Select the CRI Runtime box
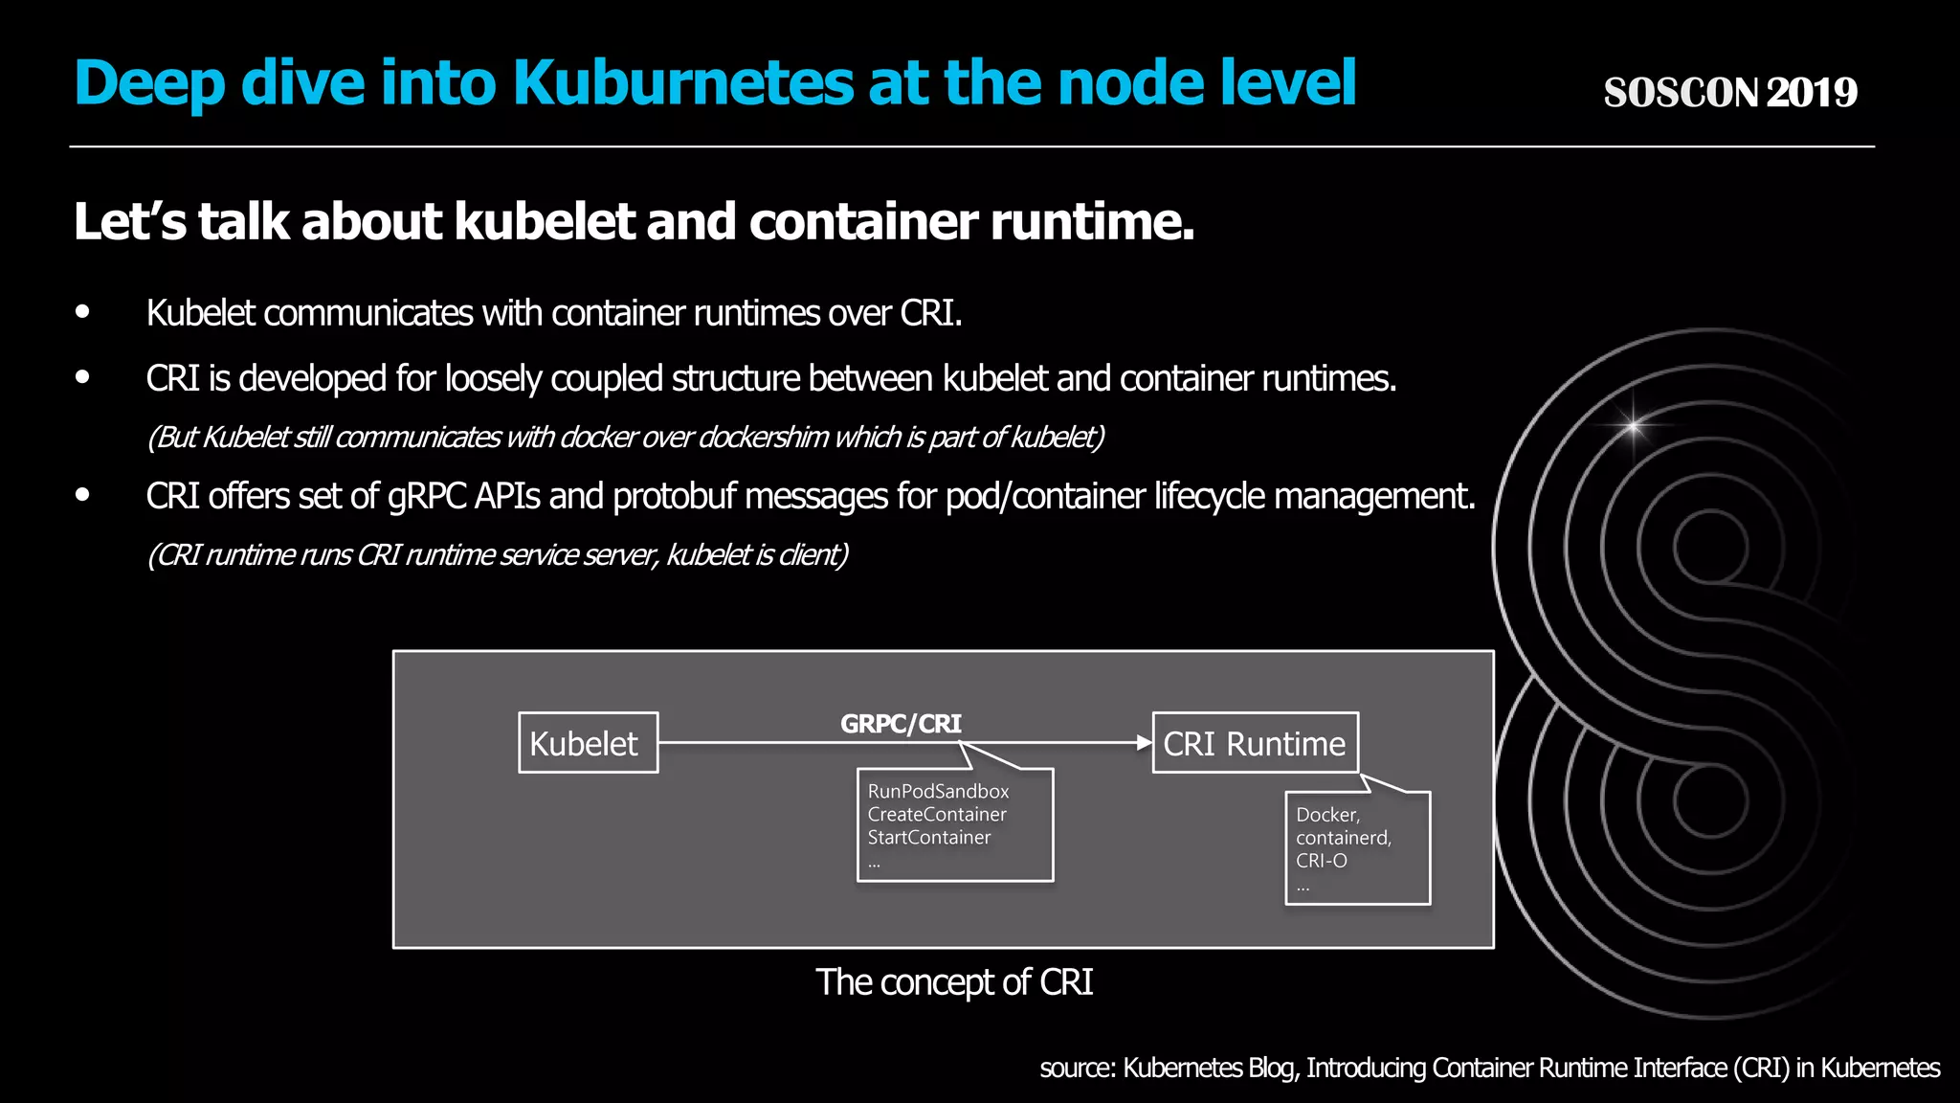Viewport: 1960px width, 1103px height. (1255, 743)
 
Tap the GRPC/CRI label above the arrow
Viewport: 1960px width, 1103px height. (901, 724)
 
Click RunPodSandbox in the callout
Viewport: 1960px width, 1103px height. (938, 792)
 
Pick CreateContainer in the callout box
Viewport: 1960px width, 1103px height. (937, 815)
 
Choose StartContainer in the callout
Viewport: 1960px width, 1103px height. (928, 838)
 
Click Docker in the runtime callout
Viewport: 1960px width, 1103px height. (1327, 815)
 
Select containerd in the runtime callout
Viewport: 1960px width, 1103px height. (1343, 838)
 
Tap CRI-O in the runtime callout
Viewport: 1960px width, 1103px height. (1321, 861)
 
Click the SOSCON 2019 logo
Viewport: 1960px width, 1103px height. (1730, 93)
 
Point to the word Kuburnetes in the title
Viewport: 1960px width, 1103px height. (682, 83)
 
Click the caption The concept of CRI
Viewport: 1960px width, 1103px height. (953, 982)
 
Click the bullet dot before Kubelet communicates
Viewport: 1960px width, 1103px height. (83, 312)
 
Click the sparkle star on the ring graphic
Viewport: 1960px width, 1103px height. (1633, 425)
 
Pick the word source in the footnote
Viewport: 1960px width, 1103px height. (1077, 1069)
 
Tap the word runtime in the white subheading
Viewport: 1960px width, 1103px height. (1091, 222)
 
